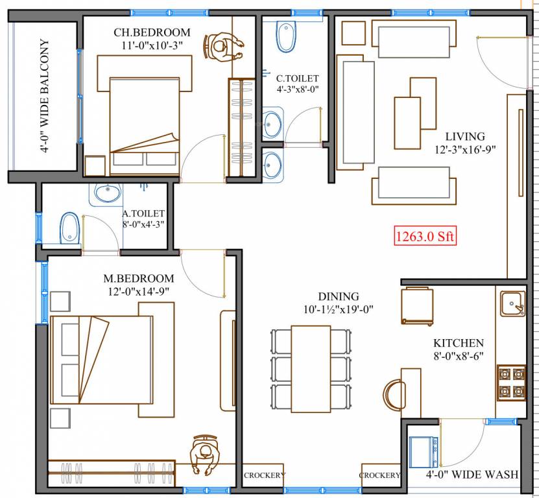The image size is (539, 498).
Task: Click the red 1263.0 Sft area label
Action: coord(425,235)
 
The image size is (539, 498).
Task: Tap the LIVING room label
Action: coord(464,137)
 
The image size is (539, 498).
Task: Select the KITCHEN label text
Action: coord(459,343)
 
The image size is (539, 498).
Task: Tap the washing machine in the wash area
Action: coord(424,452)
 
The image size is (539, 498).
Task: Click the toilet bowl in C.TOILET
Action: coord(285,36)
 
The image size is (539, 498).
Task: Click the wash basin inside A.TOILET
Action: coord(107,193)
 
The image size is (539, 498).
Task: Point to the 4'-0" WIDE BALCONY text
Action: coord(44,96)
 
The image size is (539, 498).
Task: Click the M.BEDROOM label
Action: coord(139,278)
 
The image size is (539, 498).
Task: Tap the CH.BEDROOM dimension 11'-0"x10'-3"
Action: coord(152,45)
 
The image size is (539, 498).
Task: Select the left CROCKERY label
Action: coord(264,475)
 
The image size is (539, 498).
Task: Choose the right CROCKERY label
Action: coord(380,475)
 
